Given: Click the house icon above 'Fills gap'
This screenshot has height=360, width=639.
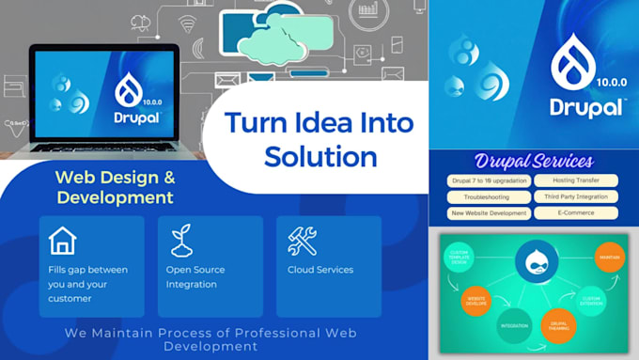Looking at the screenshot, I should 63,242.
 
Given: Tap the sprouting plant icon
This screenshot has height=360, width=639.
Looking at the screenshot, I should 180,241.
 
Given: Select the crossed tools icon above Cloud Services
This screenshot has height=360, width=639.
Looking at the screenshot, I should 301,242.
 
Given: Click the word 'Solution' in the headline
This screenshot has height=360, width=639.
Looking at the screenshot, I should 320,155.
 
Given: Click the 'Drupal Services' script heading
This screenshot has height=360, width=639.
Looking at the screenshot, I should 534,161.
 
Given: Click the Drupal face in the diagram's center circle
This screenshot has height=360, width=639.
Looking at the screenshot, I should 536,262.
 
